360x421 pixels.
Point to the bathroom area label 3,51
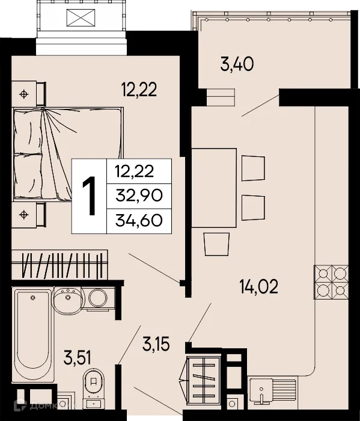pos(78,359)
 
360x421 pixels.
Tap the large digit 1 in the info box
pos(90,196)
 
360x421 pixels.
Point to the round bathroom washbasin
pos(66,298)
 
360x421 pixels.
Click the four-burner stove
pos(331,282)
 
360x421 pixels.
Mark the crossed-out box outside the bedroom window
pos(81,19)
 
